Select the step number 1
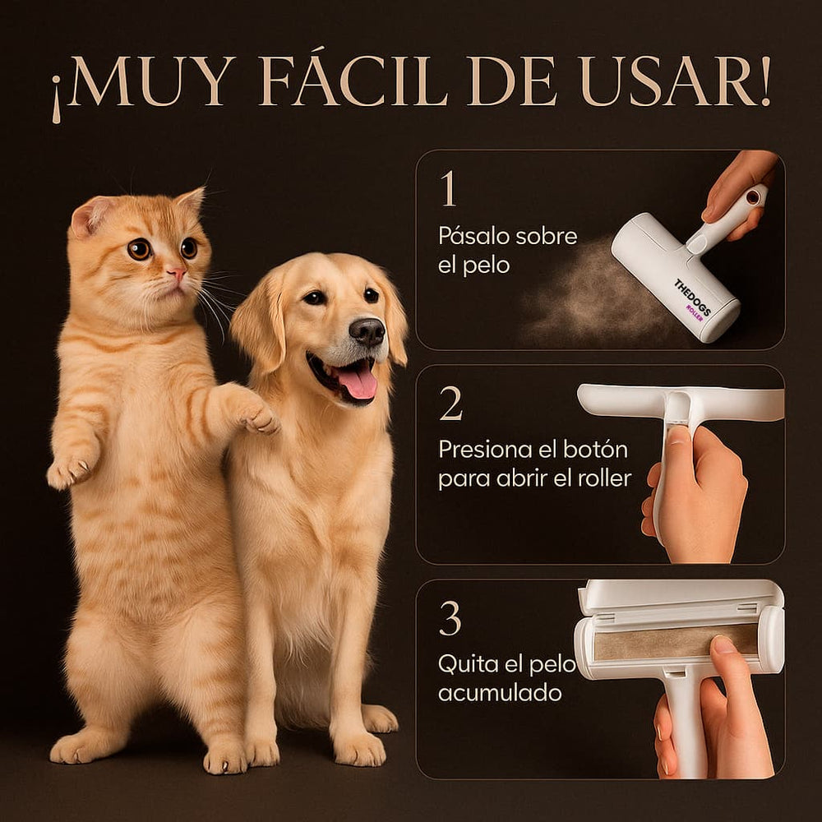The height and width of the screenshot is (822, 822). click(x=448, y=190)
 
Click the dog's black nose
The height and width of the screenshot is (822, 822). click(x=367, y=330)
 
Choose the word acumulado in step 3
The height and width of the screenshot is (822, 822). click(x=500, y=692)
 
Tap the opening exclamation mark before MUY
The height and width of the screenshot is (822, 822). click(x=56, y=97)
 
